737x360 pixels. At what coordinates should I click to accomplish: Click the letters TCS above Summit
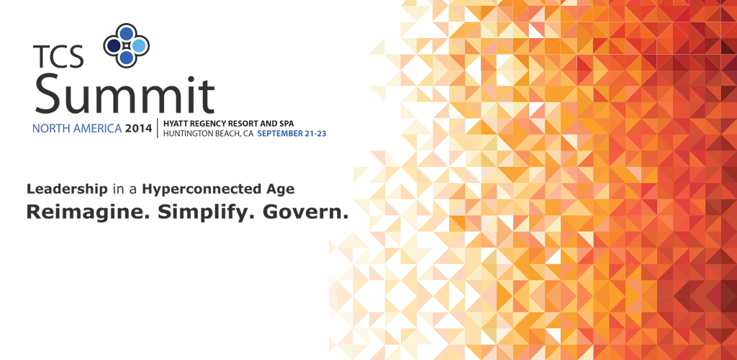(x=58, y=56)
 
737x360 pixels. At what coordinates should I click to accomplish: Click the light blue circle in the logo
(x=139, y=45)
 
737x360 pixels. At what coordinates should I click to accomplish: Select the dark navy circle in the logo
(x=114, y=45)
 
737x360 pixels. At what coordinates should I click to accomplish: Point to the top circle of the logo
(x=127, y=33)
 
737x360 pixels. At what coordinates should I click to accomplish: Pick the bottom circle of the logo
(x=127, y=58)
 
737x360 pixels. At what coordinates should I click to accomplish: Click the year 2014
(x=138, y=128)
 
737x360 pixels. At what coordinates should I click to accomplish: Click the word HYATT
(x=173, y=123)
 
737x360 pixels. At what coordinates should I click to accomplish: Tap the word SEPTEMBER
(x=280, y=133)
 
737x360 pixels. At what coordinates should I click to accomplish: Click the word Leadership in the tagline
(x=67, y=190)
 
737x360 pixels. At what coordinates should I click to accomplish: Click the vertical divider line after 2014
(x=158, y=128)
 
